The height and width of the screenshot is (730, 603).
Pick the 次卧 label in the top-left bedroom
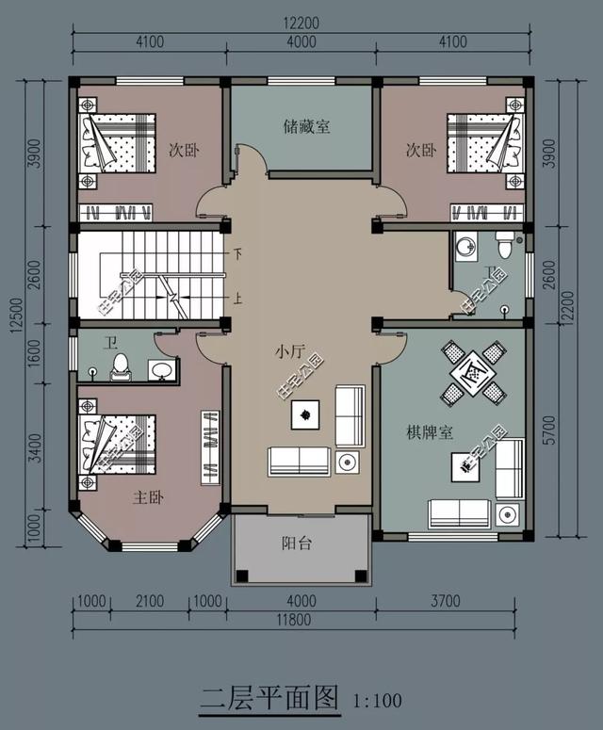pyautogui.click(x=183, y=150)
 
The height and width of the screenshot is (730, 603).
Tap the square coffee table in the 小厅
pyautogui.click(x=305, y=412)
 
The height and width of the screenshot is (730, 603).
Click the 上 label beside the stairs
pyautogui.click(x=238, y=300)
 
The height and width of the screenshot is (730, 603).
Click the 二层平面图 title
pyautogui.click(x=269, y=698)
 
